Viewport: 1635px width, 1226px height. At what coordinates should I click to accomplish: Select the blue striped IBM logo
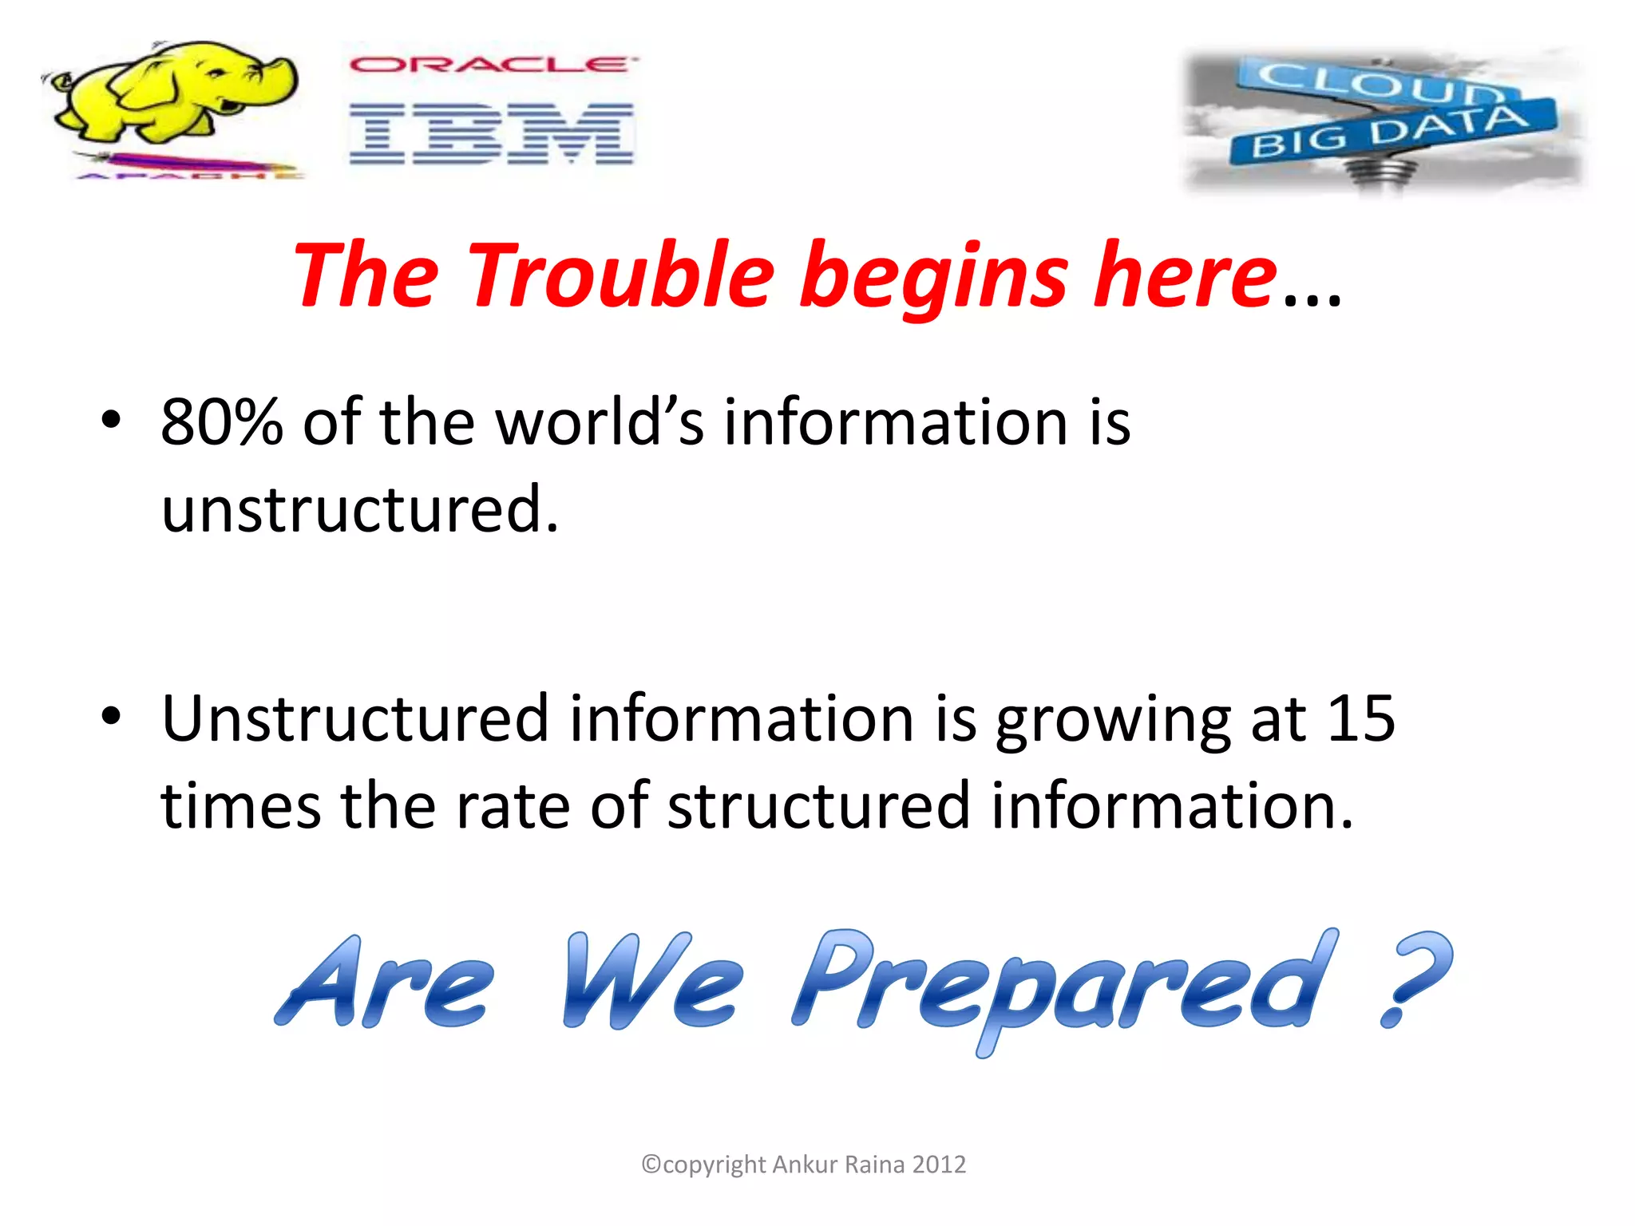click(491, 134)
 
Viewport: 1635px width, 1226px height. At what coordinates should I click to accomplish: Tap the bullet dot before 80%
click(111, 420)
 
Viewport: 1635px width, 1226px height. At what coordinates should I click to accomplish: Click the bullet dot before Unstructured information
click(111, 716)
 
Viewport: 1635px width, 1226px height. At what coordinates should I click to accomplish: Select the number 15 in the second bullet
click(1360, 718)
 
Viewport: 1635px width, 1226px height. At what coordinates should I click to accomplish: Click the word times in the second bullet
click(240, 805)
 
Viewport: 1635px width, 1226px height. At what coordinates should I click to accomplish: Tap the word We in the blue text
click(651, 982)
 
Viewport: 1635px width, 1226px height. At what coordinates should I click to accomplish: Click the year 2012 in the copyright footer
click(939, 1165)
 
